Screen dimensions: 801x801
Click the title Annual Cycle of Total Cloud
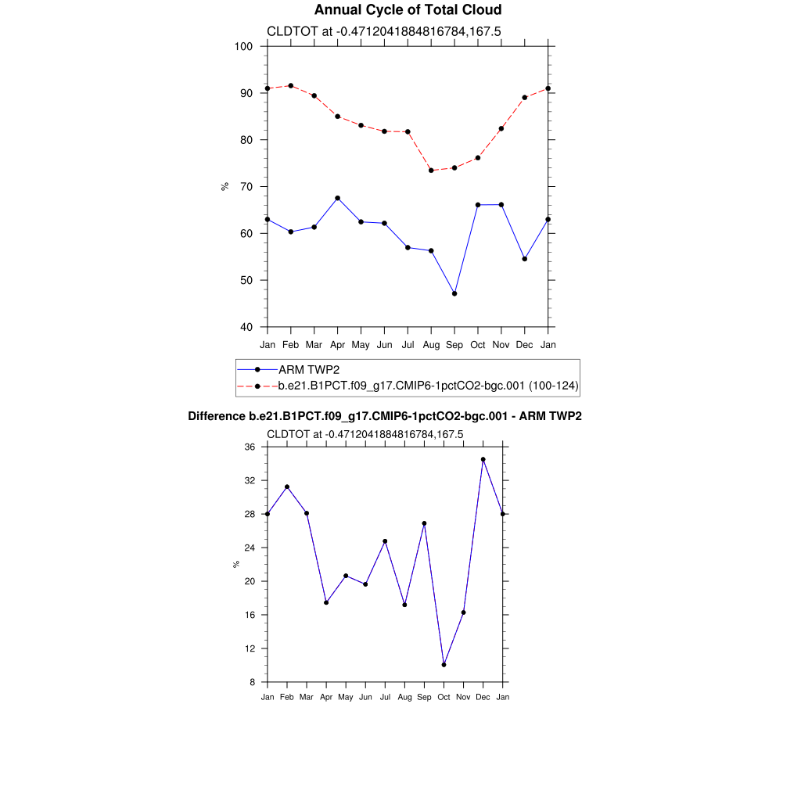(x=408, y=10)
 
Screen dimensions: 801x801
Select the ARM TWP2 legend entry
(x=309, y=369)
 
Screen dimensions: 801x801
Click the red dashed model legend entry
(x=428, y=386)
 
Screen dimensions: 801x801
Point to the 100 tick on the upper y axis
(x=243, y=46)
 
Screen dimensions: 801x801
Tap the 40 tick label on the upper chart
(x=245, y=327)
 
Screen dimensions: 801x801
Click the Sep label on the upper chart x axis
(x=454, y=345)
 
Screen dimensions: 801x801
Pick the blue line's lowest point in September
(x=454, y=293)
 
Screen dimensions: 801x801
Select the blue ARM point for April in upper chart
(x=337, y=198)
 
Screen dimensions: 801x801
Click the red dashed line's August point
(x=431, y=171)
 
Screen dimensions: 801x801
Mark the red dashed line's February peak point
(x=291, y=85)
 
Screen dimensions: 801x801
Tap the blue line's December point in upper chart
(x=525, y=259)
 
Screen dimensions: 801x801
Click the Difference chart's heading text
(x=385, y=416)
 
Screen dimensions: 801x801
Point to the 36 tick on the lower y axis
(x=250, y=447)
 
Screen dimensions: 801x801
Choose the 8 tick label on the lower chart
(x=252, y=682)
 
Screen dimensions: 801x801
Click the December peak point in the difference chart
(x=483, y=459)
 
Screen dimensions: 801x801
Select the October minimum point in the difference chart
(x=444, y=665)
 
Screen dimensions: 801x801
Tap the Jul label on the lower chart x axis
(x=385, y=697)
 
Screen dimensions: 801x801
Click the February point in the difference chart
(x=287, y=487)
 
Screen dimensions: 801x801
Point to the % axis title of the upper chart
(x=225, y=186)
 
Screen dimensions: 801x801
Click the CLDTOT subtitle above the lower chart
(x=365, y=434)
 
